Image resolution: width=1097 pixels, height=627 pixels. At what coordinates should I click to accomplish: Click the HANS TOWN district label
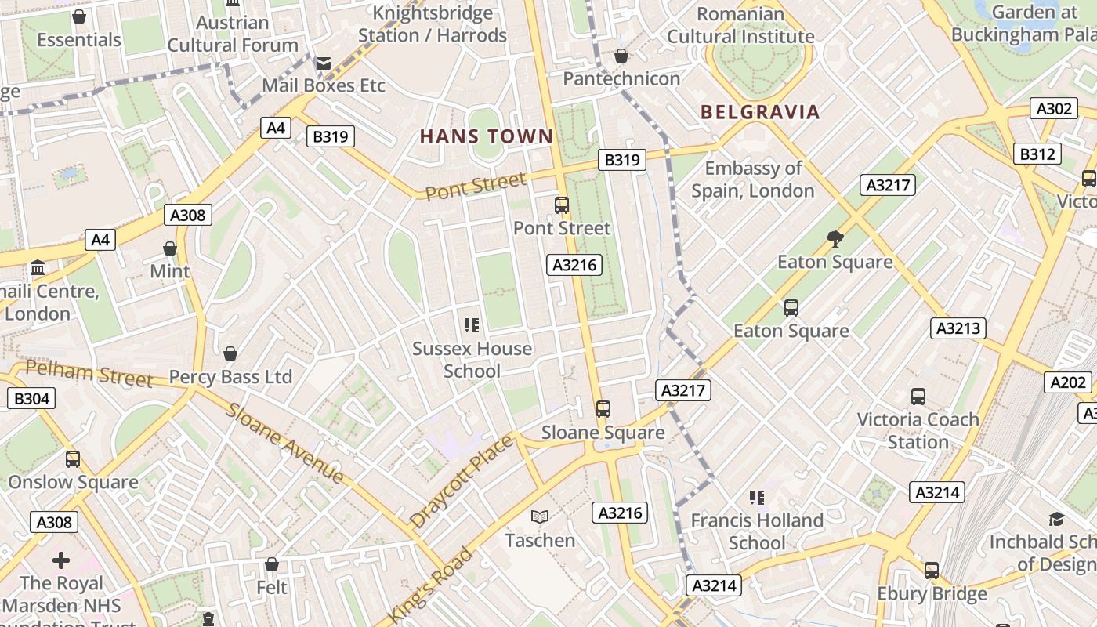click(x=487, y=136)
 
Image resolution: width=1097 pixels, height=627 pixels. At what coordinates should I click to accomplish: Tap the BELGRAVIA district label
click(x=760, y=112)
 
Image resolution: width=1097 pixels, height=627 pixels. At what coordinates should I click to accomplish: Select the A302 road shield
click(x=1054, y=109)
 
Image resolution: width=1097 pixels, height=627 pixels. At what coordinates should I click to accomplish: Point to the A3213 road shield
click(x=958, y=328)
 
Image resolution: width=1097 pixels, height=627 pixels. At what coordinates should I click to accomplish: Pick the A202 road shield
click(x=1068, y=382)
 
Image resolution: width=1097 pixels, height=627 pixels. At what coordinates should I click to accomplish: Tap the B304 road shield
click(x=32, y=399)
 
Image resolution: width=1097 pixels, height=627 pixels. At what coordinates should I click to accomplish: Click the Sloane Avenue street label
click(x=285, y=443)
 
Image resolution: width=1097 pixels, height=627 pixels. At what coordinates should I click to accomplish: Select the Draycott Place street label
click(x=462, y=480)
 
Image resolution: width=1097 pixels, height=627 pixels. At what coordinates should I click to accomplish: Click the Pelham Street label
click(x=89, y=374)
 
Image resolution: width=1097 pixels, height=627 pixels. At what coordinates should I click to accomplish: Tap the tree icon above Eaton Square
click(x=835, y=238)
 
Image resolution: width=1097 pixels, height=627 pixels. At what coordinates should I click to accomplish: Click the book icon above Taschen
click(x=540, y=516)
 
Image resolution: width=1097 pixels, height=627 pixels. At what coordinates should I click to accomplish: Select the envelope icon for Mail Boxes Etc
click(x=323, y=63)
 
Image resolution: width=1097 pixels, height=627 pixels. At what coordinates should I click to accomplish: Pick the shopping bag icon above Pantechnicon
click(x=621, y=56)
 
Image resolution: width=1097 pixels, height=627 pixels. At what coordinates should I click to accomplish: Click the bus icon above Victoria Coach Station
click(x=918, y=397)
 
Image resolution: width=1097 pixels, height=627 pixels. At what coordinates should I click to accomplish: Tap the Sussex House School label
click(x=472, y=360)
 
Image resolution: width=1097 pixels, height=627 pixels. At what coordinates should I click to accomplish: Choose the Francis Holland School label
click(x=757, y=531)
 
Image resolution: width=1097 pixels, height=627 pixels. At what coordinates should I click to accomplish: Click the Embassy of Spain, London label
click(x=753, y=179)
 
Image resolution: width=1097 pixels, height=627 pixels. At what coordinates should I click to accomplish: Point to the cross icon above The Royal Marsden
click(x=61, y=560)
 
